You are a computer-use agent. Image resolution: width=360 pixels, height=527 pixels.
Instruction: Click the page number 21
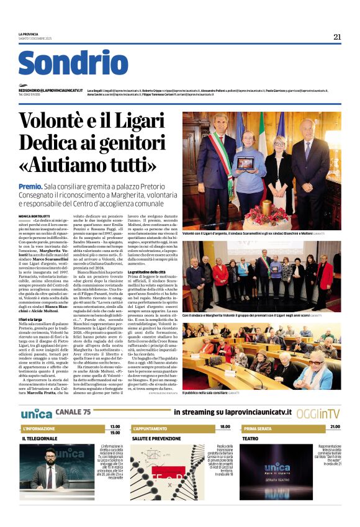pyautogui.click(x=337, y=37)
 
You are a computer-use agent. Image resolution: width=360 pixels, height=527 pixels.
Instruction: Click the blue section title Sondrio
pyautogui.click(x=73, y=63)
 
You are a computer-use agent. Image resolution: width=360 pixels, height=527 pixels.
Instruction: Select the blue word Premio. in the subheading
pyautogui.click(x=30, y=186)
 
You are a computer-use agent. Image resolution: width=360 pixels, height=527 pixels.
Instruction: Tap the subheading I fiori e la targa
pyautogui.click(x=34, y=318)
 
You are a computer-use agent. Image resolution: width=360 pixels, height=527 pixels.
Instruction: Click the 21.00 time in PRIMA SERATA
pyautogui.click(x=335, y=427)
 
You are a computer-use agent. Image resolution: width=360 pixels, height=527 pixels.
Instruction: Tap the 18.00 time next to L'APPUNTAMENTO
pyautogui.click(x=224, y=427)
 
